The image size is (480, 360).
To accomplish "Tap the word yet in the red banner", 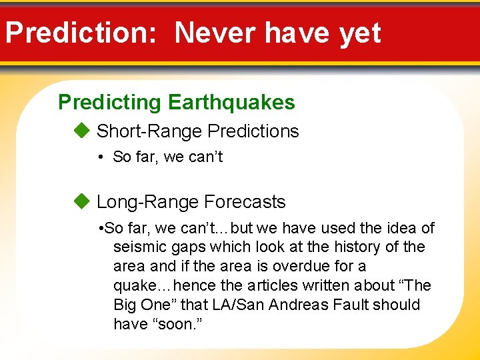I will [360, 33].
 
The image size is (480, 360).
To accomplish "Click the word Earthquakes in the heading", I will [231, 102].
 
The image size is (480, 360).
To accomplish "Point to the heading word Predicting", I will [110, 102].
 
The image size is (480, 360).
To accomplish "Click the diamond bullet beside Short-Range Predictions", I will [81, 131].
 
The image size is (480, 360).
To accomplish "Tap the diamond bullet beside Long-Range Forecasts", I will [81, 201].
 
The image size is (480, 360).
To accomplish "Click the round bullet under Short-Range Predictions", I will [98, 157].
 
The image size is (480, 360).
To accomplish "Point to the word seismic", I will [138, 247].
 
